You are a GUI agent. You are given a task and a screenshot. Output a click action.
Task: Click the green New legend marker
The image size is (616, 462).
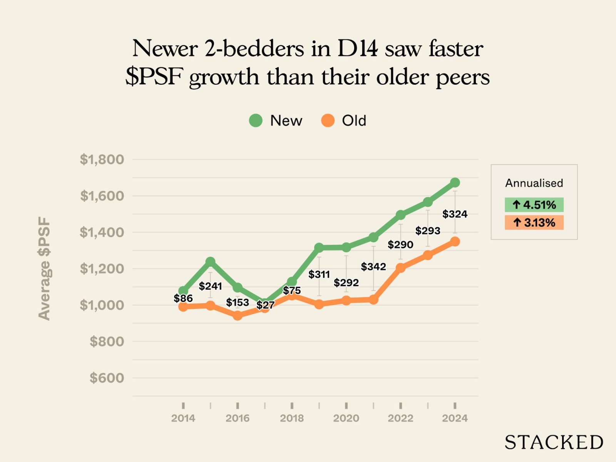[256, 121]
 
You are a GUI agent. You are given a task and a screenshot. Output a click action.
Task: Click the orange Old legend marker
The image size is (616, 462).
[328, 121]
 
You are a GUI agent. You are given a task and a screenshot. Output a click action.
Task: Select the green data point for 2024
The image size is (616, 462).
[455, 182]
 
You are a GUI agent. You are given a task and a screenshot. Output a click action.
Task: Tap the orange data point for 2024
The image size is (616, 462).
[455, 242]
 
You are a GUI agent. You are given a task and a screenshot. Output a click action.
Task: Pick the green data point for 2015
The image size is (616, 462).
[210, 262]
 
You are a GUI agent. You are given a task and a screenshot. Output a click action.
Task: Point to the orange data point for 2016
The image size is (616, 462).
[238, 315]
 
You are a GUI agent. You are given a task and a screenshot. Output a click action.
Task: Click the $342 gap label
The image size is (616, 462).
[373, 266]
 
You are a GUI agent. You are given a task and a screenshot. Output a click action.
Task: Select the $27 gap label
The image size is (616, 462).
[265, 305]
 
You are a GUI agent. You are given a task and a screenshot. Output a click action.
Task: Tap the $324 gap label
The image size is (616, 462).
[455, 214]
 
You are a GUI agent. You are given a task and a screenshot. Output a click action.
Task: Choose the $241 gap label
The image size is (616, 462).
[210, 286]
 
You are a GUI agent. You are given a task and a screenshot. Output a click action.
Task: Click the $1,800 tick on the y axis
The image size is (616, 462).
[102, 159]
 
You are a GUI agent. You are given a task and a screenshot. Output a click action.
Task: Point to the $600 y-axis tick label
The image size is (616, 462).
[107, 378]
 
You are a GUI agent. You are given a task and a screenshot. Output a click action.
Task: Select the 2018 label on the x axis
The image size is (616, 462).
[292, 418]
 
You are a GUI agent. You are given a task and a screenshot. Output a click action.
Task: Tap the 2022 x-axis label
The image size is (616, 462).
[400, 418]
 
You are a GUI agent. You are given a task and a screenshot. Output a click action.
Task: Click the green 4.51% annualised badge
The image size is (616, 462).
[534, 205]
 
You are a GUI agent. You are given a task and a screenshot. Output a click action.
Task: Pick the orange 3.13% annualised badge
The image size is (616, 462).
[534, 223]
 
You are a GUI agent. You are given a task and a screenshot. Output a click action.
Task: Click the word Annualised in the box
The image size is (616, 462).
[534, 183]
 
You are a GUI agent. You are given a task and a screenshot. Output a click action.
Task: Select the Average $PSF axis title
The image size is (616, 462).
[44, 268]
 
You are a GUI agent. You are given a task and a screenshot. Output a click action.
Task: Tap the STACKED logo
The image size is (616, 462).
[554, 442]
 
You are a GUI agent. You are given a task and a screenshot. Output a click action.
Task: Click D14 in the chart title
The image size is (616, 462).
[358, 49]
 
